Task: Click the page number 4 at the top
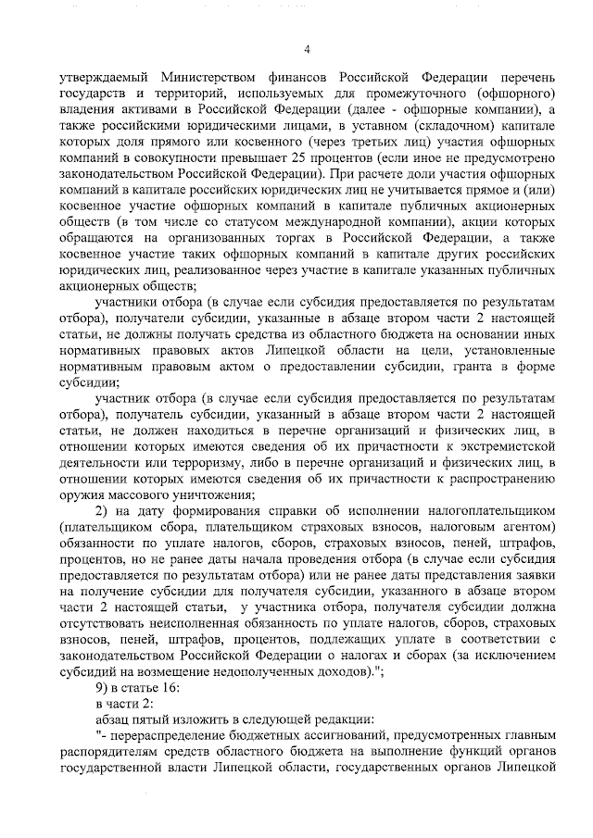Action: pos(307,49)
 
